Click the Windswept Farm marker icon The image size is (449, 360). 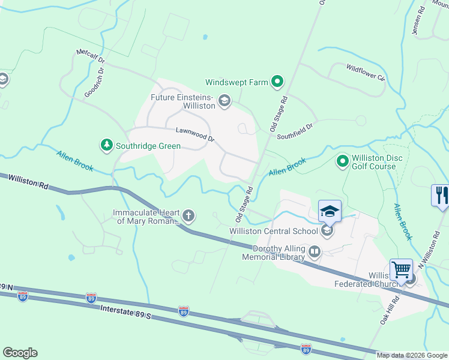(x=277, y=82)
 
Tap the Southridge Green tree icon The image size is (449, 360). (x=106, y=145)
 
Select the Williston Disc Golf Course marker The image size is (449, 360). (x=343, y=161)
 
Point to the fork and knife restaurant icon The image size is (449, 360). (x=440, y=196)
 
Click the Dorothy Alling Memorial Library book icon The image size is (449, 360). (x=315, y=252)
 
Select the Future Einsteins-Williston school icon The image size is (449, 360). (x=224, y=100)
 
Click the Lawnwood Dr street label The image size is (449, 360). (x=195, y=134)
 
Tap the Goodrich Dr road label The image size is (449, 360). (x=94, y=82)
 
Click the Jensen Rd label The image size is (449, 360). (x=418, y=22)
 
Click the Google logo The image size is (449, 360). (x=20, y=353)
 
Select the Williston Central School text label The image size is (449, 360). (x=274, y=231)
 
